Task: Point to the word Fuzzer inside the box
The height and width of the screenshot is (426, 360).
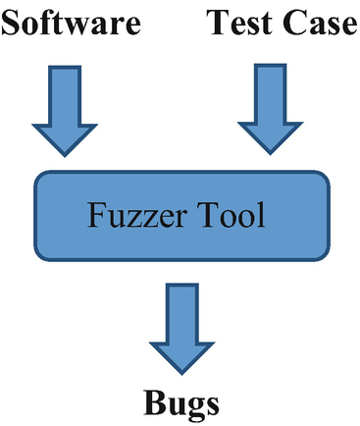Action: (x=137, y=215)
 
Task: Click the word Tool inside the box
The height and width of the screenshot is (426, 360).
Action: (x=231, y=215)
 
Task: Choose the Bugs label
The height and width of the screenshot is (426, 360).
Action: (x=182, y=402)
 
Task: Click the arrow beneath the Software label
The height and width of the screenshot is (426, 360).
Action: (x=66, y=108)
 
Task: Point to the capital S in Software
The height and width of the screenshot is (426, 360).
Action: (x=11, y=25)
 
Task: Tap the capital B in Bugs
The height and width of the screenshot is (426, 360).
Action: (x=153, y=401)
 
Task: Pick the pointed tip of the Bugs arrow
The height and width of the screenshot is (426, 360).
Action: (x=182, y=373)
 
